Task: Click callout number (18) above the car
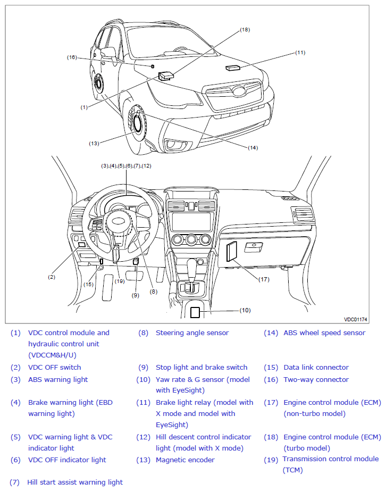[245, 30]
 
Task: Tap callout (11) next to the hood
[300, 53]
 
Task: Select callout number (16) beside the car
[72, 57]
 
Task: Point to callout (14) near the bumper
[253, 148]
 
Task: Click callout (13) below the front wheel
[94, 144]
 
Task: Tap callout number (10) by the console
[245, 310]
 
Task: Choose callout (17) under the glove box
[264, 279]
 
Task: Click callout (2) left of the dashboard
[52, 277]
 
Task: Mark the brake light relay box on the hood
[233, 68]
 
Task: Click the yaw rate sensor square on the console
[195, 312]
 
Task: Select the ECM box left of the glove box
[232, 251]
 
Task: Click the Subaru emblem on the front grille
[239, 91]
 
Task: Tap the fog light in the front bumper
[173, 144]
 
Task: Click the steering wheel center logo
[119, 221]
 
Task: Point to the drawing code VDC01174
[356, 319]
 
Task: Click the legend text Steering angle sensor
[192, 333]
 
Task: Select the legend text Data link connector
[316, 367]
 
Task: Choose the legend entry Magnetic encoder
[186, 460]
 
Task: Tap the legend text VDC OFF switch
[54, 367]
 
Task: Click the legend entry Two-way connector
[316, 379]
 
